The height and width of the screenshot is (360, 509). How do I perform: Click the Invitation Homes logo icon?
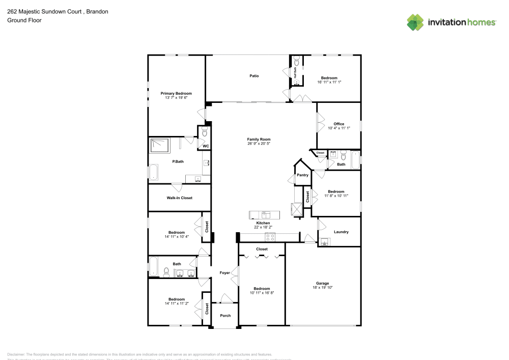[x=415, y=22]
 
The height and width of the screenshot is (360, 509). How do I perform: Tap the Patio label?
[x=254, y=76]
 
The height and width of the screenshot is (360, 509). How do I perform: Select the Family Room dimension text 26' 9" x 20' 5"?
[x=259, y=144]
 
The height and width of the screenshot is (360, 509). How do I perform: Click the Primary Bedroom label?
[x=176, y=93]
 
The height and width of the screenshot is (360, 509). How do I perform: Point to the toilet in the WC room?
[x=205, y=132]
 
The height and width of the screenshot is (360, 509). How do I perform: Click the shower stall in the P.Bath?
[x=159, y=146]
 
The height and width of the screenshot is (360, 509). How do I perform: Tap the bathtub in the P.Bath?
[x=153, y=172]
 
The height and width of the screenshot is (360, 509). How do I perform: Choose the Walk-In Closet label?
[x=179, y=198]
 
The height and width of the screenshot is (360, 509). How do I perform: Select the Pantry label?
[x=302, y=175]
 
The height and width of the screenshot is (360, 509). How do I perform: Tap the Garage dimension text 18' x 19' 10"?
[x=322, y=288]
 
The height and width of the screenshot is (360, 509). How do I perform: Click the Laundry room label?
[x=341, y=232]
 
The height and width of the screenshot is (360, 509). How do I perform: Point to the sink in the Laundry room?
[x=324, y=241]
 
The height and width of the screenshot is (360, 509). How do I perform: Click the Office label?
[x=339, y=124]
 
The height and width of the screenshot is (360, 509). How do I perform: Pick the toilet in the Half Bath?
[x=296, y=62]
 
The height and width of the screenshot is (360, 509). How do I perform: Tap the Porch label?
[x=225, y=315]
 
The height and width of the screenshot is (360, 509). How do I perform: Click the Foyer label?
[x=224, y=273]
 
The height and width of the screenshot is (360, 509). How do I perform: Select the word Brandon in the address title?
[x=97, y=11]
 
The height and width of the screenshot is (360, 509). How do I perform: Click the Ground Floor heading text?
[x=24, y=20]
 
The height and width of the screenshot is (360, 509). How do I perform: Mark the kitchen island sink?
[x=264, y=214]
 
